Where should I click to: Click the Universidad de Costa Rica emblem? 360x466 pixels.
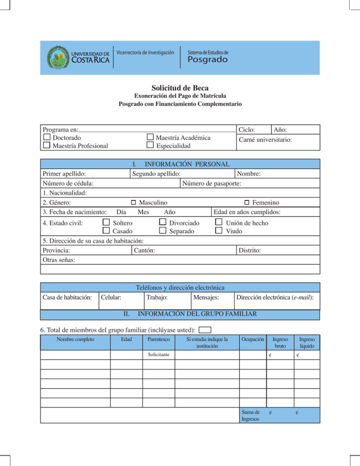[x=57, y=57]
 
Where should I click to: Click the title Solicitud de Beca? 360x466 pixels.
[x=180, y=88]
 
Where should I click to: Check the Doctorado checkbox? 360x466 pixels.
[x=47, y=137]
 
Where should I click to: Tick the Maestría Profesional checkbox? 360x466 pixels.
[x=47, y=146]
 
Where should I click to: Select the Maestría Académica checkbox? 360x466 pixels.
[x=150, y=137]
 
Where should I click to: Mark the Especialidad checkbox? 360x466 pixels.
[x=150, y=146]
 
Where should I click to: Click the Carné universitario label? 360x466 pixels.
[x=265, y=140]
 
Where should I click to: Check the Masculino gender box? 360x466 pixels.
[x=133, y=203]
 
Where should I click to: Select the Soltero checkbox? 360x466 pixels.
[x=106, y=222]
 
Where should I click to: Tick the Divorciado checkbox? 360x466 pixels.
[x=162, y=222]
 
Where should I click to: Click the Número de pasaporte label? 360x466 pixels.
[x=212, y=184]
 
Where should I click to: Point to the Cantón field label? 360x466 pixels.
[x=144, y=251]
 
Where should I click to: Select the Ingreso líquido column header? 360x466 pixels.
[x=307, y=342]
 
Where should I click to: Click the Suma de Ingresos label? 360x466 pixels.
[x=250, y=415]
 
